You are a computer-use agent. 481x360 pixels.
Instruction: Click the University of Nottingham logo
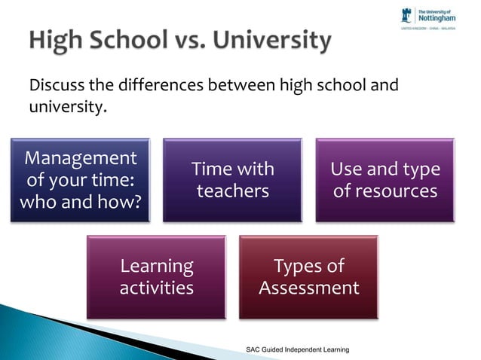click(x=435, y=17)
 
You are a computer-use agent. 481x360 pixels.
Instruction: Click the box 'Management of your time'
click(x=81, y=180)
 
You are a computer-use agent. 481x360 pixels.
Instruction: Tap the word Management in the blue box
click(x=81, y=158)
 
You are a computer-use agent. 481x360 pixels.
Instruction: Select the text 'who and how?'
click(x=81, y=202)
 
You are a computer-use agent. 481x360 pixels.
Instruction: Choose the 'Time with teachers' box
click(x=232, y=180)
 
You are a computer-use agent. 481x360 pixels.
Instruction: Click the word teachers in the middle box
click(x=232, y=191)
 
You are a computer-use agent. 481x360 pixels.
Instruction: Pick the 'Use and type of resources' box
click(x=384, y=180)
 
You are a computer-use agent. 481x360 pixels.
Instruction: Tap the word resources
click(x=384, y=191)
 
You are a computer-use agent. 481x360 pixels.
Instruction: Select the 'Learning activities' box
click(x=156, y=276)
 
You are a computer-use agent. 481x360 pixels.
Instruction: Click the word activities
click(x=156, y=288)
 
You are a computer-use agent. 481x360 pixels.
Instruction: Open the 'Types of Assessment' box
click(x=308, y=276)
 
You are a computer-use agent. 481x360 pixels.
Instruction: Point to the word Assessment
click(x=308, y=288)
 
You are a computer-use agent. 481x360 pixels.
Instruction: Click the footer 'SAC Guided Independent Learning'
click(x=298, y=351)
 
